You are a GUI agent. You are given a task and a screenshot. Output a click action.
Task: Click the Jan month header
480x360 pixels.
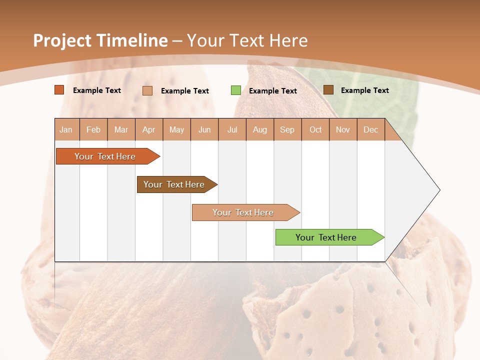[x=66, y=129]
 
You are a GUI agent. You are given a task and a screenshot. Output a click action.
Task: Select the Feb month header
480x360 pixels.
[x=93, y=129]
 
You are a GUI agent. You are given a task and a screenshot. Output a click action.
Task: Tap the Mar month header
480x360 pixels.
[x=121, y=129]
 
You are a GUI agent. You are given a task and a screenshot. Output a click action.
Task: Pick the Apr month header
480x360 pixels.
[x=149, y=129]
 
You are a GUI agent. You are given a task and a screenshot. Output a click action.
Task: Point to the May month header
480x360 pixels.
[x=176, y=129]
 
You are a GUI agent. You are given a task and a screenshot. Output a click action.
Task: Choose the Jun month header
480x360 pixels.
[x=204, y=129]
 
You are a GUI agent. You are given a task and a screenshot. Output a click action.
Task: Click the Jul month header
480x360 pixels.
[x=232, y=129]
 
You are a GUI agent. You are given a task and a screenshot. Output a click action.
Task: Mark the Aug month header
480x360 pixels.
[x=260, y=129]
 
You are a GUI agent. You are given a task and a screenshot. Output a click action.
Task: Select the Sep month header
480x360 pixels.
[x=287, y=129]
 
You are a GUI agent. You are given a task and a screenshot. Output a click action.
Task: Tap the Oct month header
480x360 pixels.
[x=315, y=129]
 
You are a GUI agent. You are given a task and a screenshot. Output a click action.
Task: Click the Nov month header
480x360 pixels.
[x=343, y=129]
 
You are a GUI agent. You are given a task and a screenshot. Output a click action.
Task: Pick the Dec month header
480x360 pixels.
[x=370, y=129]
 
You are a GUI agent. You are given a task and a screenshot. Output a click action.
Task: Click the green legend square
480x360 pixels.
[x=236, y=90]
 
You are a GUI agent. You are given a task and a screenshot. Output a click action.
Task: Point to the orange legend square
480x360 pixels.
[x=59, y=90]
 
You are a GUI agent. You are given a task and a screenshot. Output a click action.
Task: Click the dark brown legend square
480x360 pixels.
[x=328, y=90]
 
